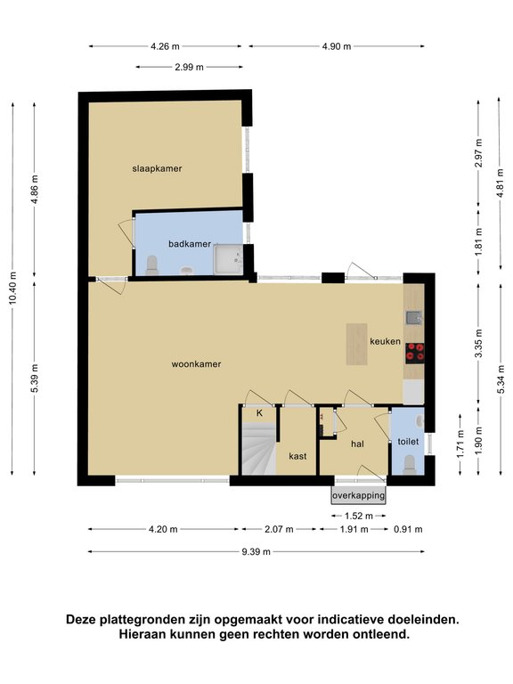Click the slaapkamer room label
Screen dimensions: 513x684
(157, 168)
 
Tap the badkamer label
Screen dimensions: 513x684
(190, 244)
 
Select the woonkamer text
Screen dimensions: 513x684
(196, 363)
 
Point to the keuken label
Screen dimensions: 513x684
(385, 341)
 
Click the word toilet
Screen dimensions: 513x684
(408, 442)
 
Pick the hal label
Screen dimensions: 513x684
(357, 444)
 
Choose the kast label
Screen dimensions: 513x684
(297, 456)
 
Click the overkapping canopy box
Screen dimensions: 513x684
(359, 495)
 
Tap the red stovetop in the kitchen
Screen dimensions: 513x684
(414, 353)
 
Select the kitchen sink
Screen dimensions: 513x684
(414, 318)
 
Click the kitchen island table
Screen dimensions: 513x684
(356, 344)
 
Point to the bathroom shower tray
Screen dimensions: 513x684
(228, 259)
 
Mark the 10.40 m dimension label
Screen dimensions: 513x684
(12, 289)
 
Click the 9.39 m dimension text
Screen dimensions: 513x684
(256, 552)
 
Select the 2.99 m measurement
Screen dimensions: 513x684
(189, 67)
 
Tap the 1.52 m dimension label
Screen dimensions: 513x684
(359, 516)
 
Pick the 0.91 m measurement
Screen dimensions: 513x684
(408, 530)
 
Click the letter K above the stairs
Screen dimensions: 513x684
(259, 413)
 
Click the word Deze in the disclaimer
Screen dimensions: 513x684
(81, 620)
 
